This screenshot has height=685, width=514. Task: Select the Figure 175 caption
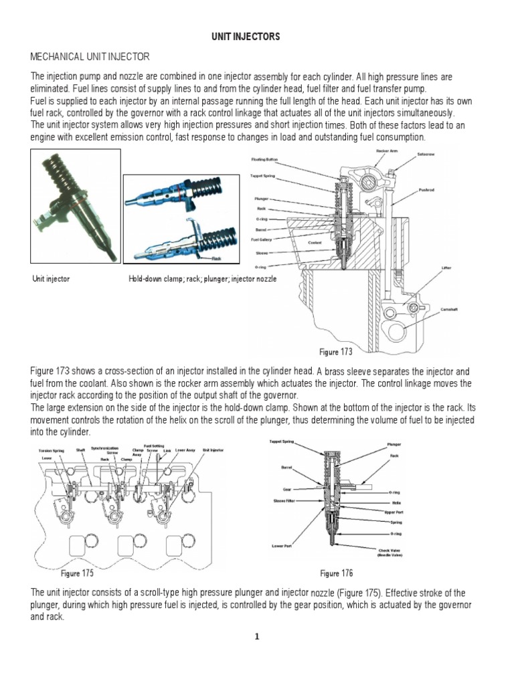(78, 573)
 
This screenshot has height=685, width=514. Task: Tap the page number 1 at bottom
(256, 637)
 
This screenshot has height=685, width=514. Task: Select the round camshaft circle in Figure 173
(399, 330)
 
